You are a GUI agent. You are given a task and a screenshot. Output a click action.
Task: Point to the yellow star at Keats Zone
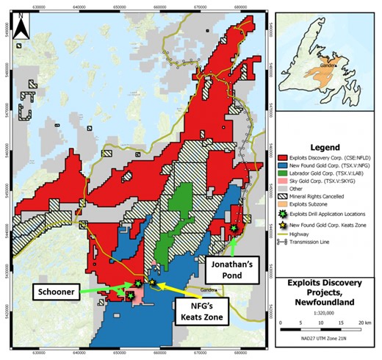point(153,282)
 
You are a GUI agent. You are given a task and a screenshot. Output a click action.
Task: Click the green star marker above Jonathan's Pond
point(234,228)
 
